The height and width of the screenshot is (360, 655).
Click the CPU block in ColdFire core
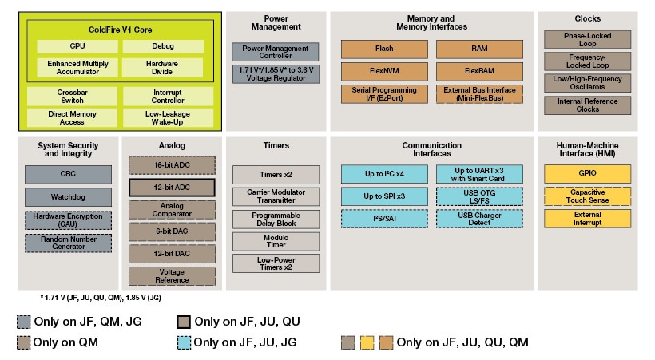pyautogui.click(x=77, y=46)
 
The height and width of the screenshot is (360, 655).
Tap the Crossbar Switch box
pyautogui.click(x=72, y=97)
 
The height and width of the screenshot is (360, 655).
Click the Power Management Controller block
pyautogui.click(x=276, y=53)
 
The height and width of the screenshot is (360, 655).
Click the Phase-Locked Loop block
pyautogui.click(x=587, y=39)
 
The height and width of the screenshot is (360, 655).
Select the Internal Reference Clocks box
pyautogui.click(x=587, y=105)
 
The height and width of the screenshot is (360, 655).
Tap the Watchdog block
pyautogui.click(x=68, y=197)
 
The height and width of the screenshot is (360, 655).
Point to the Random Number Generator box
pyautogui.click(x=68, y=243)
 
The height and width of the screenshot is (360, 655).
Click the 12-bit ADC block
pyautogui.click(x=172, y=188)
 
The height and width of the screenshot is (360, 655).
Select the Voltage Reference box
pyautogui.click(x=172, y=276)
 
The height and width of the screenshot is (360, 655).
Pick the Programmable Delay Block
pyautogui.click(x=276, y=219)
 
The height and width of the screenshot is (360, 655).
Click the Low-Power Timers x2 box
pyautogui.click(x=276, y=263)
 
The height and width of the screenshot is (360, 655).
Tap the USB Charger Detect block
pyautogui.click(x=479, y=219)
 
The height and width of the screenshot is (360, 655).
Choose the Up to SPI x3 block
pyautogui.click(x=384, y=196)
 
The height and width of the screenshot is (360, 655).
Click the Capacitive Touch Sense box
pyautogui.click(x=587, y=196)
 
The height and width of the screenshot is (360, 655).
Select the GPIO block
pyautogui.click(x=587, y=174)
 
